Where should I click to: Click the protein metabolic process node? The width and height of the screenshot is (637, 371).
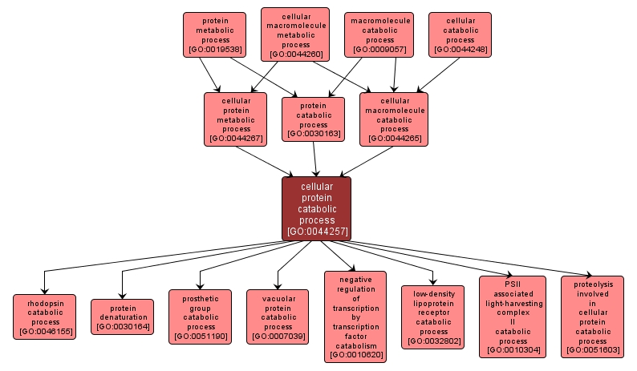pyautogui.click(x=213, y=36)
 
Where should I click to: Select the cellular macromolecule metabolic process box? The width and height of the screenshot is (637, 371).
pyautogui.click(x=295, y=34)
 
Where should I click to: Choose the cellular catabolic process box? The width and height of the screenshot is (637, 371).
pyautogui.click(x=460, y=34)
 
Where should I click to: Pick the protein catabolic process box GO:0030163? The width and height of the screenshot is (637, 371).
pyautogui.click(x=313, y=119)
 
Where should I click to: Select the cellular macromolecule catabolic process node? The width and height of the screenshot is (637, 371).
pyautogui.click(x=394, y=118)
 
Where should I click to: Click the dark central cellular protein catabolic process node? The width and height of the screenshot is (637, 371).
pyautogui.click(x=316, y=208)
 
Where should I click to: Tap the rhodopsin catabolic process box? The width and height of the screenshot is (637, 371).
pyautogui.click(x=44, y=317)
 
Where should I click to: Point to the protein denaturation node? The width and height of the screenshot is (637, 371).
pyautogui.click(x=122, y=316)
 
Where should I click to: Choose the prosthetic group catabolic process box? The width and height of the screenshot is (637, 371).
pyautogui.click(x=201, y=316)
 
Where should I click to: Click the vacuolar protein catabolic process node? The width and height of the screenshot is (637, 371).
pyautogui.click(x=278, y=316)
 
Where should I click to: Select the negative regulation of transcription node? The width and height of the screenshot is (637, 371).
pyautogui.click(x=355, y=317)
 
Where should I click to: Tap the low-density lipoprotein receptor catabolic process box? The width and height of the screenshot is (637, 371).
pyautogui.click(x=433, y=317)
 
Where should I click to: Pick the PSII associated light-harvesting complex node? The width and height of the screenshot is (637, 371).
pyautogui.click(x=512, y=317)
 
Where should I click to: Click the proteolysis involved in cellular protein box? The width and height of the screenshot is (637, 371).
pyautogui.click(x=592, y=317)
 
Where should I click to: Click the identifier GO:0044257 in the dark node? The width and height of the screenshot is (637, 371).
pyautogui.click(x=316, y=232)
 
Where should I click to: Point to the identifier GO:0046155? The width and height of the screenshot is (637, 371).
pyautogui.click(x=44, y=331)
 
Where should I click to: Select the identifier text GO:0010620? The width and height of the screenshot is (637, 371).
pyautogui.click(x=355, y=354)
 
